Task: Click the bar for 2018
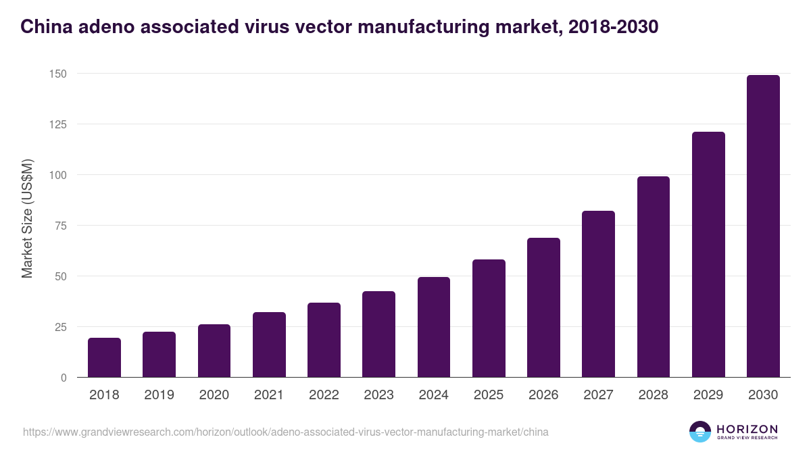(x=104, y=357)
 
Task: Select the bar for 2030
(x=763, y=226)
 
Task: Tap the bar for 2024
(x=434, y=327)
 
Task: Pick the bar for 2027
(x=598, y=294)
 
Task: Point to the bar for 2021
(x=269, y=345)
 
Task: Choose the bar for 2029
(x=708, y=255)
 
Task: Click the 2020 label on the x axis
(x=214, y=395)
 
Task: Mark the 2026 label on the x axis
(x=543, y=395)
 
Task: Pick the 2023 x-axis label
(x=378, y=395)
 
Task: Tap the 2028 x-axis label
(x=654, y=395)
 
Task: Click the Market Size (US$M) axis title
(x=27, y=218)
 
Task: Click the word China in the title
(x=43, y=27)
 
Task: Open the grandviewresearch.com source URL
(x=285, y=432)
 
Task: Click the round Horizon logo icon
(x=699, y=432)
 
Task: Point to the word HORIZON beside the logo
(x=747, y=428)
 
